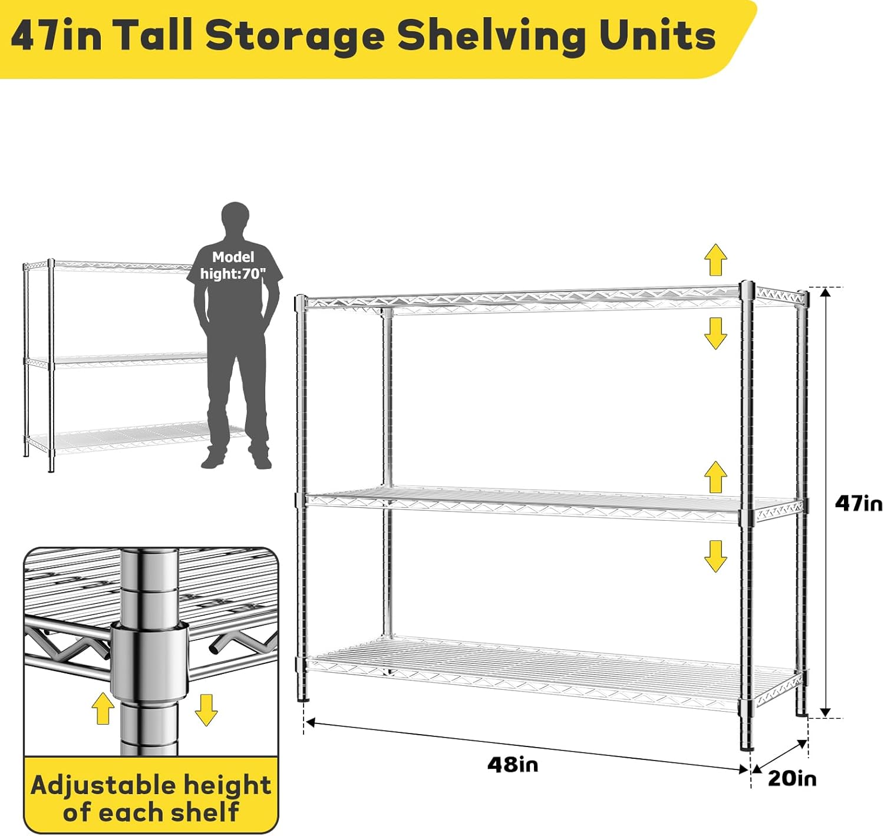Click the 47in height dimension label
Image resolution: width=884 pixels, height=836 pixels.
pos(858,504)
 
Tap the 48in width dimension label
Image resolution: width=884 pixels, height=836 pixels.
pos(512,764)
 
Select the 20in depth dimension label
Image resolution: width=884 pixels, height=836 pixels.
pos(792,778)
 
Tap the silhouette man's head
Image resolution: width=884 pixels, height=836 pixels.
pos(236,219)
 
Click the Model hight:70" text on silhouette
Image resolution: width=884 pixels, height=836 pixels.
pos(233,266)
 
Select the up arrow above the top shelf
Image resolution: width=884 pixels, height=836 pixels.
pos(715,260)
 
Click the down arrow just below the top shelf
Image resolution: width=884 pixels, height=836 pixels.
pos(715,333)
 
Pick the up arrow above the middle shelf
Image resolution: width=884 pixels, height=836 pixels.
pos(715,477)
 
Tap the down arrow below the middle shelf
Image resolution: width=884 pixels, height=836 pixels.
pos(715,556)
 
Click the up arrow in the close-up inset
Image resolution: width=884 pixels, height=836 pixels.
pos(103,708)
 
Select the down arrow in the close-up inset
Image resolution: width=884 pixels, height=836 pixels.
pos(206,710)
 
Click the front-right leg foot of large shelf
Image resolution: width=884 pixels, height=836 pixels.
pos(747,745)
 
